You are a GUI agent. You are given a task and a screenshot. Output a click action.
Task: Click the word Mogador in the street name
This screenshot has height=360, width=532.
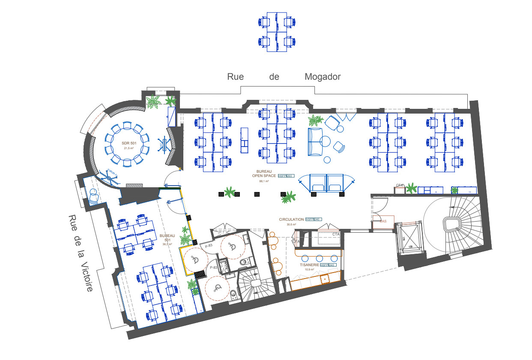point(323,77)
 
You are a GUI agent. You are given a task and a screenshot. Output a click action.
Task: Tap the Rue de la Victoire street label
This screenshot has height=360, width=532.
point(81,253)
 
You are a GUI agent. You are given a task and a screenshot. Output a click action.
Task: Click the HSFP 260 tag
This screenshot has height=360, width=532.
point(285,176)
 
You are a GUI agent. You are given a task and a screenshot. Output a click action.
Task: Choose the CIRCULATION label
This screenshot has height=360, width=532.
point(291,219)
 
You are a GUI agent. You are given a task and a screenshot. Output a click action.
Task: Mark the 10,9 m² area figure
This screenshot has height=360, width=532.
point(308,270)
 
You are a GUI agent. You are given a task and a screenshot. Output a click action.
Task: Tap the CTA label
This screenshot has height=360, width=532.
point(336,234)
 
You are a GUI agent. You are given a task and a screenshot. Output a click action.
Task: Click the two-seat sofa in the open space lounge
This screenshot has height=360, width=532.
point(315,141)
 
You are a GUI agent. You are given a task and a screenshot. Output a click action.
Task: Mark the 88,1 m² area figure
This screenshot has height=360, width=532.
point(264,181)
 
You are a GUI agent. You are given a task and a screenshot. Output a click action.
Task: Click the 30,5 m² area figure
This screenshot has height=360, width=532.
point(291,224)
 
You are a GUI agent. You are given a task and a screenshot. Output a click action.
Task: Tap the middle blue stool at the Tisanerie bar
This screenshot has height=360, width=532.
point(319,258)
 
